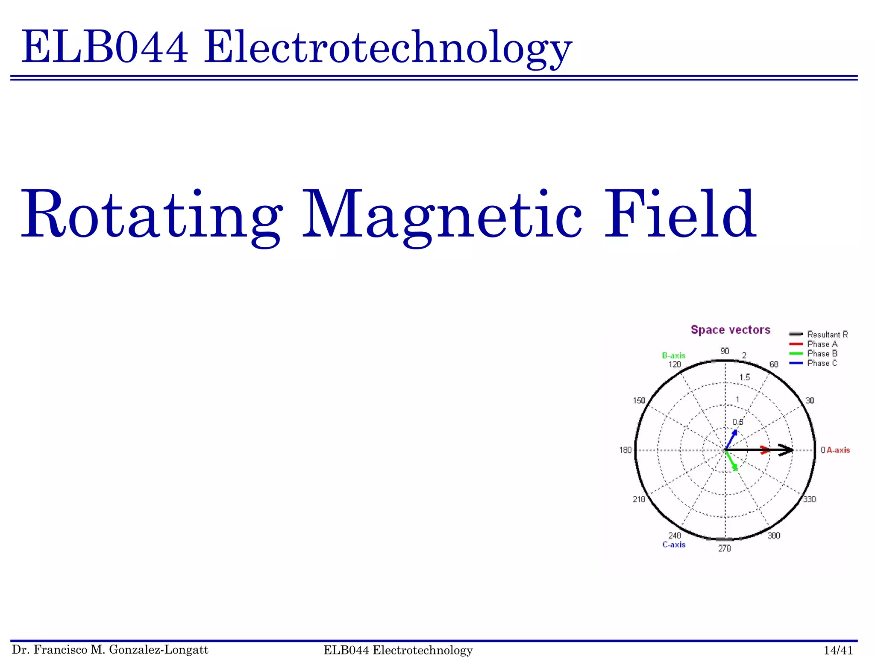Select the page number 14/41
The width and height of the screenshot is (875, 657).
coord(838,650)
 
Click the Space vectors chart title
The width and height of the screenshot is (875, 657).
coord(730,330)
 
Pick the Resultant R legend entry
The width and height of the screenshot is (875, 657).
coord(827,334)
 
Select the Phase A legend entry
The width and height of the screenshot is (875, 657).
coord(822,344)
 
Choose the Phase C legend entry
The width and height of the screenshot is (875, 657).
coord(822,363)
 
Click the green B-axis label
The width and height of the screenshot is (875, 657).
coord(673,355)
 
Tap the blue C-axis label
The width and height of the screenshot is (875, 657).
coord(674,545)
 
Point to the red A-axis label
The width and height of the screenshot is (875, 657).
coord(838,450)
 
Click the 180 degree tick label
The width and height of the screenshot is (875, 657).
coord(625,450)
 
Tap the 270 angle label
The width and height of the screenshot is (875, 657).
coord(724,548)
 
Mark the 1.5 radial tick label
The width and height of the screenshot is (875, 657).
coord(744,377)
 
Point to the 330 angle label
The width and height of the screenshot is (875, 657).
coord(809,499)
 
